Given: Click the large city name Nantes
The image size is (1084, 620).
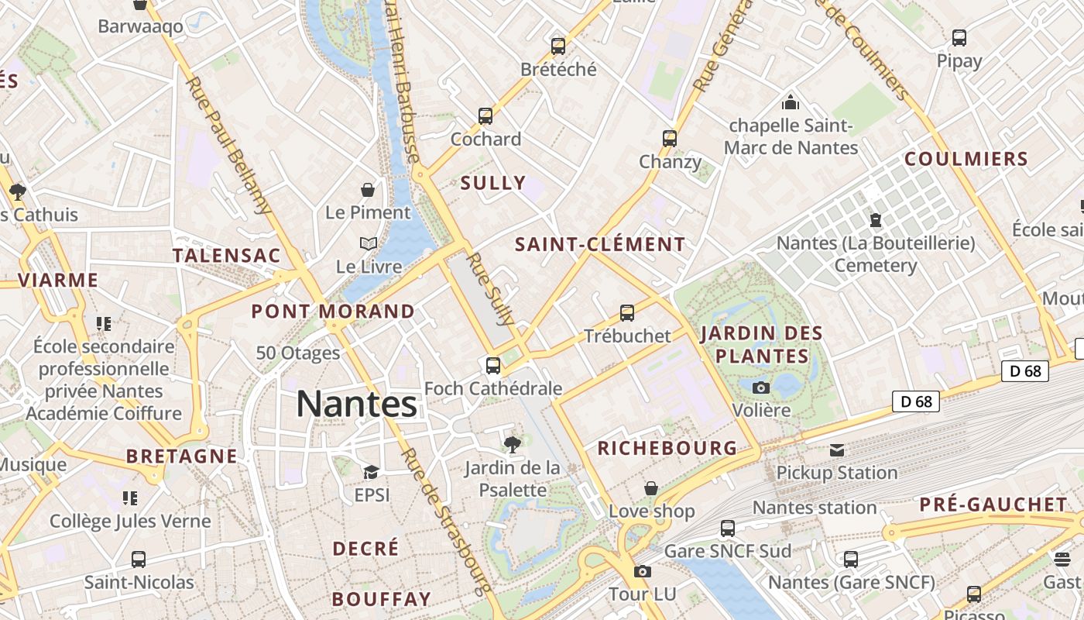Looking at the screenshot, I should pyautogui.click(x=356, y=405).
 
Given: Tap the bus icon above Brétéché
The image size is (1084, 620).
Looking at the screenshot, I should pyautogui.click(x=558, y=46).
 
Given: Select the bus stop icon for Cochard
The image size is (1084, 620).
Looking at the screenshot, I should pyautogui.click(x=485, y=116).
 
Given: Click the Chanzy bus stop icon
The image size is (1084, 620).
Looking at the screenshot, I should pyautogui.click(x=670, y=139).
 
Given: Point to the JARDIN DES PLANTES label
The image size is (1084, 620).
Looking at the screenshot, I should pyautogui.click(x=761, y=345).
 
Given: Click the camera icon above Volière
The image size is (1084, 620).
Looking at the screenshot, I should pyautogui.click(x=761, y=387).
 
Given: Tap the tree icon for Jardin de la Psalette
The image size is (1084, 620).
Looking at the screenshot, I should pyautogui.click(x=512, y=444).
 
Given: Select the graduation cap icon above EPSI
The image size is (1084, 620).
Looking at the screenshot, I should pyautogui.click(x=372, y=472).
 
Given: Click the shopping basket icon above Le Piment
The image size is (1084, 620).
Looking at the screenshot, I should pyautogui.click(x=368, y=190).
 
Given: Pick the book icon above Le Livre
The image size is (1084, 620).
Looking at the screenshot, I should pyautogui.click(x=369, y=244).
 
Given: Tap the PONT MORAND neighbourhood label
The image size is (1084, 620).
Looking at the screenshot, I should pyautogui.click(x=333, y=312).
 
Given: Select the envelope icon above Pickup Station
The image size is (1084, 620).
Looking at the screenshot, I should pyautogui.click(x=837, y=450).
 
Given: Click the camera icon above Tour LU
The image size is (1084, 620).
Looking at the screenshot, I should pyautogui.click(x=642, y=572).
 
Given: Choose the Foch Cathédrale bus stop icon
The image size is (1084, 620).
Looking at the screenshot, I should pyautogui.click(x=493, y=365).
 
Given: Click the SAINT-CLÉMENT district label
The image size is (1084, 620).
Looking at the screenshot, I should pyautogui.click(x=601, y=245).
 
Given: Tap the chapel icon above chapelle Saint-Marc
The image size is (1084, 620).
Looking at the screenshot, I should pyautogui.click(x=791, y=102).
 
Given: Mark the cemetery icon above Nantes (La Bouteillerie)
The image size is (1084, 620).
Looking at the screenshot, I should pyautogui.click(x=876, y=220).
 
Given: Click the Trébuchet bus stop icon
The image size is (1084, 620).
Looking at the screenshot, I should pyautogui.click(x=627, y=313).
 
